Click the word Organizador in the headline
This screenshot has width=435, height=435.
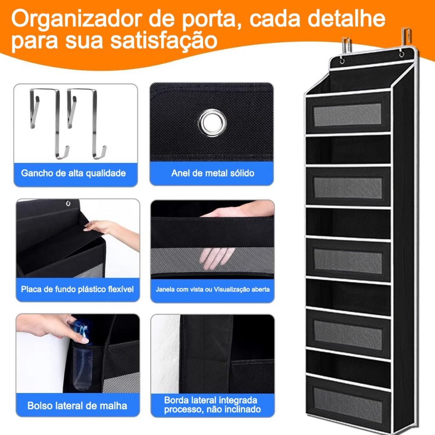pos(77,20)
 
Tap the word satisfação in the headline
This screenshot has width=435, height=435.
pos(164,41)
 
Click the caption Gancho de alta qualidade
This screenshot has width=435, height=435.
pos(73,173)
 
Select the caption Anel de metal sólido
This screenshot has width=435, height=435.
pos(213,173)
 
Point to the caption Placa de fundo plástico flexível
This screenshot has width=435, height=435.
pos(77,289)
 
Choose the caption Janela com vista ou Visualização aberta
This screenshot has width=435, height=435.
pos(212,289)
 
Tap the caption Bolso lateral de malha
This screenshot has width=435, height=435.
pos(77,406)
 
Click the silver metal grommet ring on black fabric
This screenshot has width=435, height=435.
pos(212,123)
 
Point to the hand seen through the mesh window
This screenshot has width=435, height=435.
pos(217,258)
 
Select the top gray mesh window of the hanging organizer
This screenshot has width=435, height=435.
pos(347,115)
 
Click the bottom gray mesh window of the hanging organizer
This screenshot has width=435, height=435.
pos(348,405)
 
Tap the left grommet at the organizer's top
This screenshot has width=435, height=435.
pos(342,61)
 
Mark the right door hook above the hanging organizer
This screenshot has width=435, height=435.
pos(406,38)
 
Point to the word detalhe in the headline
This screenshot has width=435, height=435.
pos(347,19)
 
